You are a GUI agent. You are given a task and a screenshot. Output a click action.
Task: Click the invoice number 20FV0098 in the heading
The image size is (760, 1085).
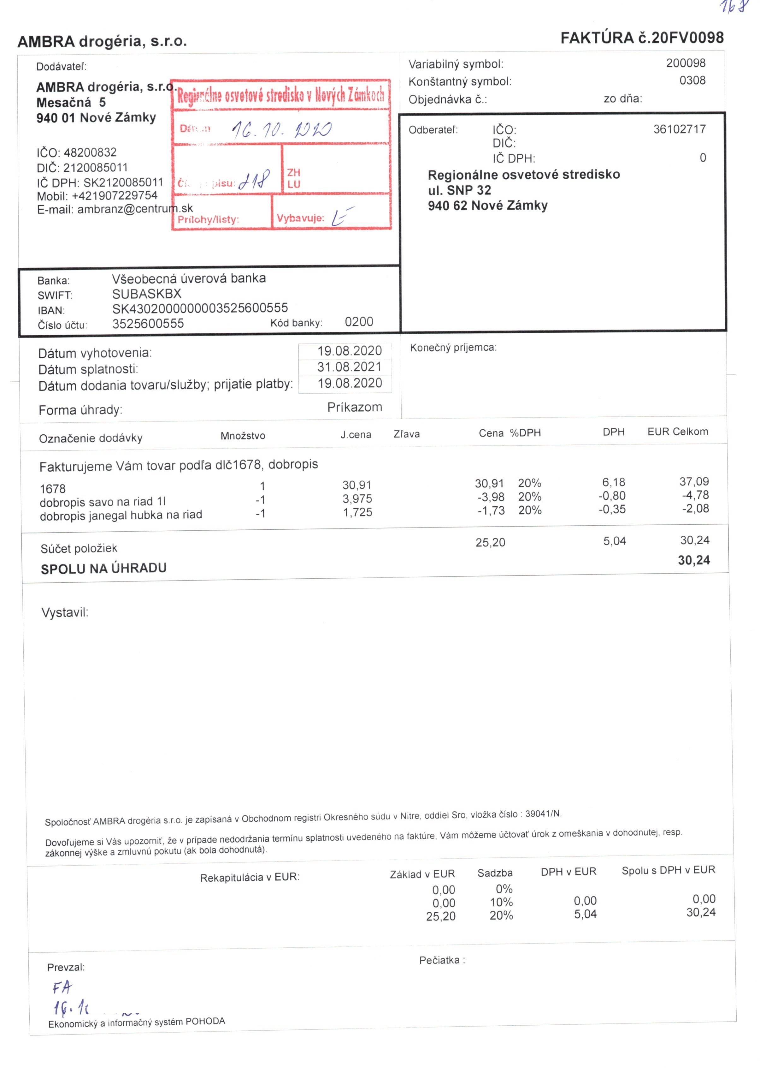tap(686, 38)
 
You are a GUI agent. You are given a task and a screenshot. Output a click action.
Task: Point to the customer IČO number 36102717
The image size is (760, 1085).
tap(679, 129)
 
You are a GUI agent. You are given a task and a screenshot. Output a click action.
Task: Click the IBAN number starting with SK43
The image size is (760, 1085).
tap(200, 308)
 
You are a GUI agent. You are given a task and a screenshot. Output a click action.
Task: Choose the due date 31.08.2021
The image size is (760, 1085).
tap(349, 367)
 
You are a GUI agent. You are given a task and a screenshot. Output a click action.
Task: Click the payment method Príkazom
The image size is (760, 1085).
tap(354, 407)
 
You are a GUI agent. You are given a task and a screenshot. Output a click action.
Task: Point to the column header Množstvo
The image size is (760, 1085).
tap(243, 436)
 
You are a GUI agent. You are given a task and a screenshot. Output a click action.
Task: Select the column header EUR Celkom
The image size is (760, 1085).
tap(677, 432)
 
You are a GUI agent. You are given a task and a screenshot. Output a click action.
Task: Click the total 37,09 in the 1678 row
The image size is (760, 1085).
tap(693, 481)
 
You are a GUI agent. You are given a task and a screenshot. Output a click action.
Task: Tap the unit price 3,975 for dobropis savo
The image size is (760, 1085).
tap(357, 498)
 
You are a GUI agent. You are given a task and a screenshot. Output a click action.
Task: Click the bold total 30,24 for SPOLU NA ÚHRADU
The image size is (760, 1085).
tap(693, 560)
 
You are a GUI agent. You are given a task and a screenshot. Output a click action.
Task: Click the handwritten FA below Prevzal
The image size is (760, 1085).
tap(62, 988)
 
